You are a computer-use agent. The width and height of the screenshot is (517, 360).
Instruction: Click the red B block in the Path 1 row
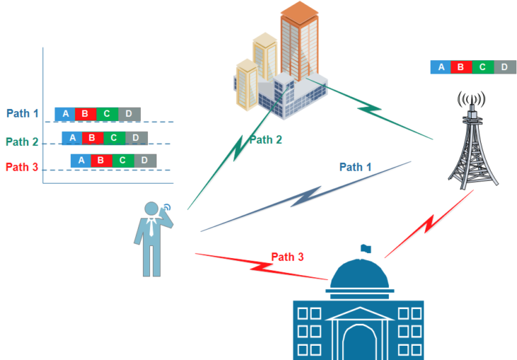pos(85,114)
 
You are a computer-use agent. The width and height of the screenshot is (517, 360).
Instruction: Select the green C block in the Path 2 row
pos(113,137)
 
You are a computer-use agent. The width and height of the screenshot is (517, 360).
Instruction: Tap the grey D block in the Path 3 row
pos(144,161)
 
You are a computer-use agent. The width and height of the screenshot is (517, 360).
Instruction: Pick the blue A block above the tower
pos(441,67)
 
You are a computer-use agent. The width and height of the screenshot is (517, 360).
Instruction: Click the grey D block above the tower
pos(504,67)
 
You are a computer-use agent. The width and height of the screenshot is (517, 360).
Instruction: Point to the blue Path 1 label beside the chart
pos(22,113)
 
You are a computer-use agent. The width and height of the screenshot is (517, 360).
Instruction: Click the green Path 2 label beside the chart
pos(22,142)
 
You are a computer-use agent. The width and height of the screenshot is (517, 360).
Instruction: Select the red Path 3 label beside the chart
pos(22,167)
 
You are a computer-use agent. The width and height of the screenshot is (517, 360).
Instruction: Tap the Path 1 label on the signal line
pos(356,167)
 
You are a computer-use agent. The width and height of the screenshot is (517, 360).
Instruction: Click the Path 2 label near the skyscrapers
pos(266,140)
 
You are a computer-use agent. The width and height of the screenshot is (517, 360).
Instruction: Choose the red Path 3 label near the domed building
pos(288,257)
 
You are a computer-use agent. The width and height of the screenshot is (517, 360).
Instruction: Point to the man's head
pos(152,209)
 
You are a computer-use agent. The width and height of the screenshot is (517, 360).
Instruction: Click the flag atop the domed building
pos(365,248)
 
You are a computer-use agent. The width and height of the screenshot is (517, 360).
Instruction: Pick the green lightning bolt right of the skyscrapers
pos(370,110)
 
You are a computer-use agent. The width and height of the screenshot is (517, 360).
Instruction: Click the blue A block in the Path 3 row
pos(81,161)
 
